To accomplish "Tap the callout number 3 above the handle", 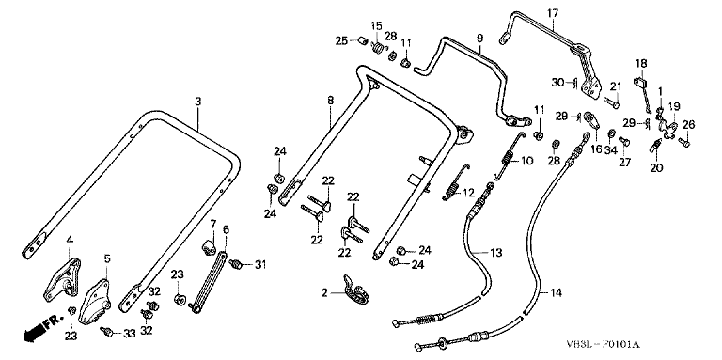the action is [198, 102].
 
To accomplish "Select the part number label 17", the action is [552, 13].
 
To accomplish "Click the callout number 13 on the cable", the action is [496, 253].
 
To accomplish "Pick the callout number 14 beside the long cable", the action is [557, 292].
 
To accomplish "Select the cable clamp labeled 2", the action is [357, 291].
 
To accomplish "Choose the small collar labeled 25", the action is [363, 41].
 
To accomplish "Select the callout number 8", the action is [330, 100].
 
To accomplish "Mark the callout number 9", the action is [479, 38].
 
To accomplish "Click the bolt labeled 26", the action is [683, 143].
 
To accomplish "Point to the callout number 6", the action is [226, 229].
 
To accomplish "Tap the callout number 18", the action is [641, 63].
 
